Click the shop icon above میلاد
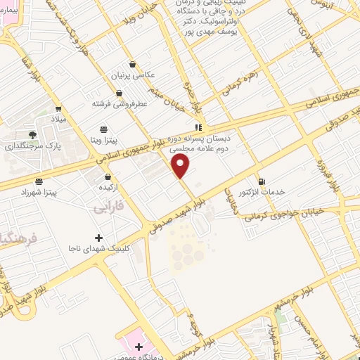tap(58, 109)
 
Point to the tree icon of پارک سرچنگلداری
tap(32, 134)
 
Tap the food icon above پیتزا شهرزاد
tap(38, 181)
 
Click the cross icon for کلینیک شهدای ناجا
tap(98, 237)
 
